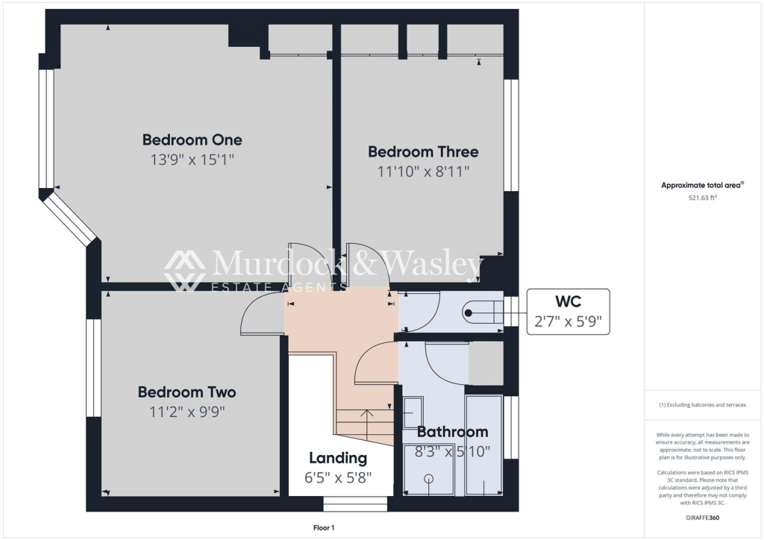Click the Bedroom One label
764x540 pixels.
[192, 139]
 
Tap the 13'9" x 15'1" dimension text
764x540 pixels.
[192, 159]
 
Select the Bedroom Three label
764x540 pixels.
[423, 151]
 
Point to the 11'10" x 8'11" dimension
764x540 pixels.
[423, 171]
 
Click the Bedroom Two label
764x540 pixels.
[187, 392]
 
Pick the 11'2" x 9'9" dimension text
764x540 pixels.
[187, 410]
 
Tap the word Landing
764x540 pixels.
[338, 458]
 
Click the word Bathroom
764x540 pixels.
[452, 431]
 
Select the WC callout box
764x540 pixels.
[568, 311]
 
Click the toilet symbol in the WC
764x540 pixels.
[477, 313]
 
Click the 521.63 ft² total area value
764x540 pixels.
[702, 198]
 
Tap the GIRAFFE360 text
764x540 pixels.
[704, 518]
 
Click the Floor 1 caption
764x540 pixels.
[325, 528]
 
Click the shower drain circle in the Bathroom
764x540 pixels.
[429, 478]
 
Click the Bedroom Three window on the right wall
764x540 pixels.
[511, 135]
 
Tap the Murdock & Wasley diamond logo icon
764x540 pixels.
[185, 270]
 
